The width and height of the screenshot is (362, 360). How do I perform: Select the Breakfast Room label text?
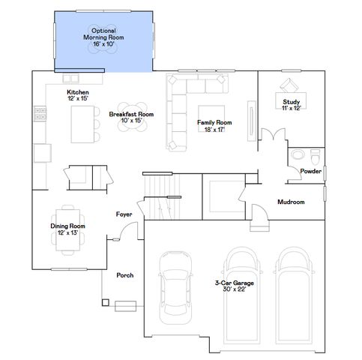(x=131, y=117)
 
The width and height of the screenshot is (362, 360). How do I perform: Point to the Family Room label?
(x=214, y=125)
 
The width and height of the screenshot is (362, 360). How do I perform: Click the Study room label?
(x=291, y=105)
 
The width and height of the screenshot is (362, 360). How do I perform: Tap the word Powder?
(x=310, y=171)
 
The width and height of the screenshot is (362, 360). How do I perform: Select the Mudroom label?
(x=291, y=202)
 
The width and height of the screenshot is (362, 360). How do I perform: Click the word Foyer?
(x=124, y=214)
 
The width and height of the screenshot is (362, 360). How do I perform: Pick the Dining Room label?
(x=67, y=229)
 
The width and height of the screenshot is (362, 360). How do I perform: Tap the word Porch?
(x=125, y=275)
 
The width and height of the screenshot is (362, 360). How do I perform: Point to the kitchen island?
(x=80, y=124)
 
